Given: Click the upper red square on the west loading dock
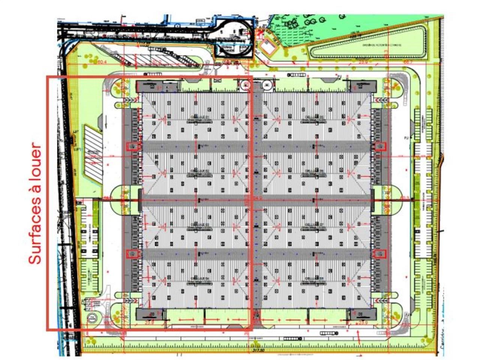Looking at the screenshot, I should [132, 146].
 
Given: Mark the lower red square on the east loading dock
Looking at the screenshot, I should [380, 254].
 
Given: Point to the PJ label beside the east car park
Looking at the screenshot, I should [406, 138].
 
